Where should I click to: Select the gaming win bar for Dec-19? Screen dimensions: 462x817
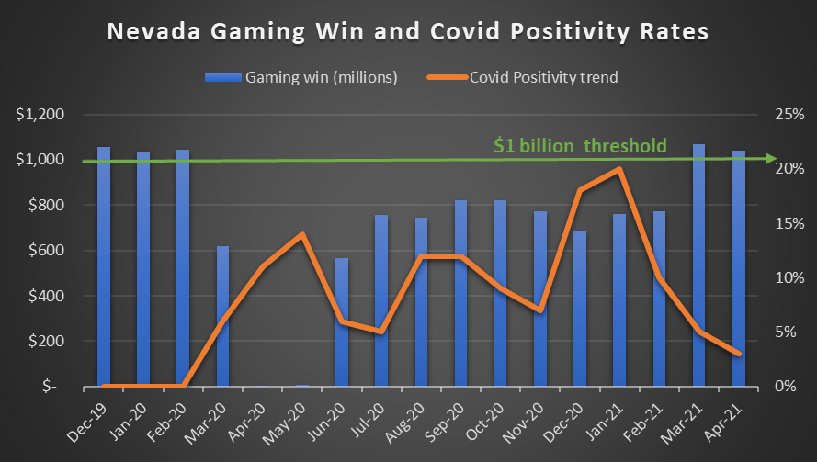(104, 266)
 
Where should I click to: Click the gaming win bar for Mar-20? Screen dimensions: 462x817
(222, 316)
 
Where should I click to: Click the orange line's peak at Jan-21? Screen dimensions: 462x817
(619, 169)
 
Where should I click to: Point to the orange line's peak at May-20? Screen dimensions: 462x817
(301, 234)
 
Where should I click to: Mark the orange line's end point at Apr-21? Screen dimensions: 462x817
(738, 354)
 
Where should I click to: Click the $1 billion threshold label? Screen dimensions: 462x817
(579, 145)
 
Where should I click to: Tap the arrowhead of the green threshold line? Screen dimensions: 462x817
(769, 158)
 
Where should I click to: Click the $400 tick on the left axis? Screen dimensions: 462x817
(44, 296)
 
